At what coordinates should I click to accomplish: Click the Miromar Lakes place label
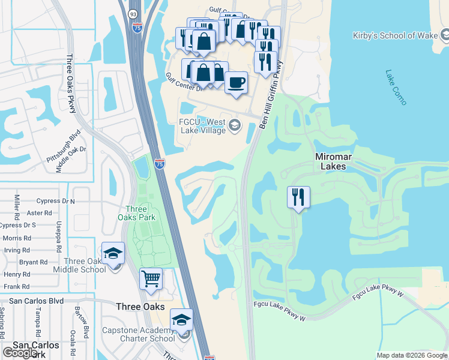coord(331,161)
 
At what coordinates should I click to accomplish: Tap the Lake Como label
coord(396,88)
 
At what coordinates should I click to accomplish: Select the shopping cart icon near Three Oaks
coord(151,278)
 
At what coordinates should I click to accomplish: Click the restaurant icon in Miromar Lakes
coord(298,197)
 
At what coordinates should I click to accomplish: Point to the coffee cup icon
coord(237,82)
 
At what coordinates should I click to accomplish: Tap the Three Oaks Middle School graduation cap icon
coord(112,254)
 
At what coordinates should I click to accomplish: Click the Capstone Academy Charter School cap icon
coord(181,320)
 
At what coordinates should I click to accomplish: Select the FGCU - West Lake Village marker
coord(234,126)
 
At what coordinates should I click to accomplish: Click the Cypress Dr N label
coord(55,201)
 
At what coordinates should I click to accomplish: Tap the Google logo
coord(20,353)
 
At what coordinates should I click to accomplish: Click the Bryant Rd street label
coord(33,262)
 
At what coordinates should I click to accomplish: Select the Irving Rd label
coord(16,250)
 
